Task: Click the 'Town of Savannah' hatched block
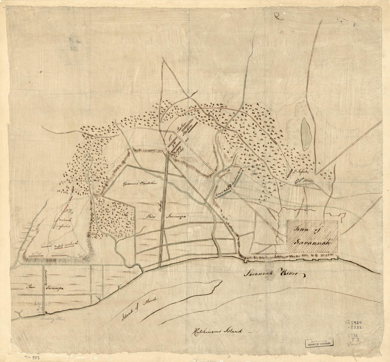[312, 236]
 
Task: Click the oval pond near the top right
[306, 134]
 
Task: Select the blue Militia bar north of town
[300, 180]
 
